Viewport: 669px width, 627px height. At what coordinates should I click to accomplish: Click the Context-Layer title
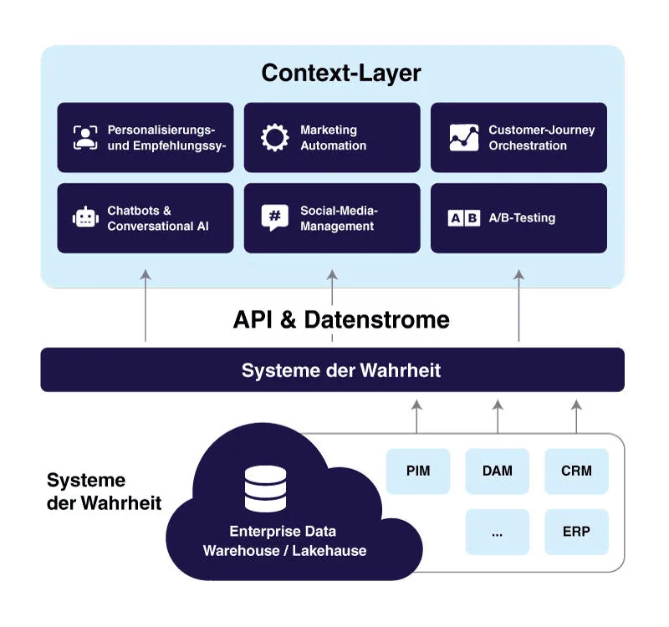341,73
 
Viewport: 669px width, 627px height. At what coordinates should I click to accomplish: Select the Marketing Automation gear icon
274,137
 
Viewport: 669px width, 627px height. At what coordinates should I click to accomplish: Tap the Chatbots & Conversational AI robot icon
85,218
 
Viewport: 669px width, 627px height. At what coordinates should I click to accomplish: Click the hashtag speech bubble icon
274,217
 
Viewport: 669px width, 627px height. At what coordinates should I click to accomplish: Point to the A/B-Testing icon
464,218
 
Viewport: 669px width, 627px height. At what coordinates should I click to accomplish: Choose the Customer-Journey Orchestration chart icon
464,137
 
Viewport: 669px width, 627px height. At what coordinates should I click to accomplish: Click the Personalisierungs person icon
85,137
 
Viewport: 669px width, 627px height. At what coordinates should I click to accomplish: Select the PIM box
418,471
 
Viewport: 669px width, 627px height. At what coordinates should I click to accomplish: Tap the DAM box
498,471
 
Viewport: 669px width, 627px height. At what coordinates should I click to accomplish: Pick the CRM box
576,471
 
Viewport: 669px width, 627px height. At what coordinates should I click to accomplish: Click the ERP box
576,532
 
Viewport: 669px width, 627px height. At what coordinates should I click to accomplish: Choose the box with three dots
498,532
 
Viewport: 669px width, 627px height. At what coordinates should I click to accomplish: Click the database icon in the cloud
265,489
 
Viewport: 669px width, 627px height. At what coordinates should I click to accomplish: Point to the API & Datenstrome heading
341,319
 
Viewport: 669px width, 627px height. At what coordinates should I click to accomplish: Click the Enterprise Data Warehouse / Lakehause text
284,541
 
